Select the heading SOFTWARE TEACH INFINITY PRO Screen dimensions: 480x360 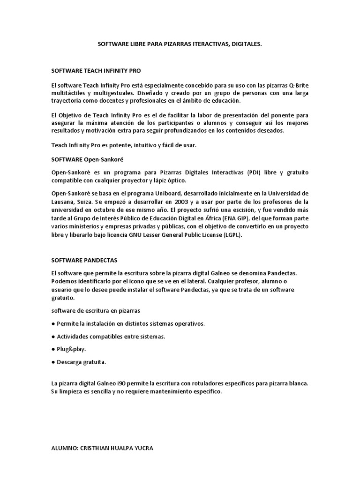[x=96, y=71]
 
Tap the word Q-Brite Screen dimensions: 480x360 [x=297, y=85]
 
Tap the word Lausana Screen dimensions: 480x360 [x=63, y=202]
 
